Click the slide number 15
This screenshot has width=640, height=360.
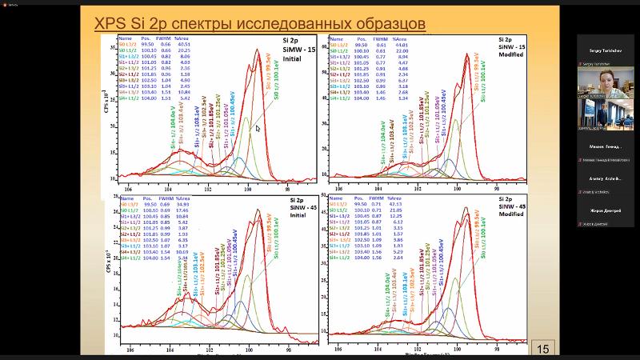[x=543, y=348]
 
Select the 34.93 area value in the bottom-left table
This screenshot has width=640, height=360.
[x=186, y=205]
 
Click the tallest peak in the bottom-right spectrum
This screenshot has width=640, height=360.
[x=466, y=210]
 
